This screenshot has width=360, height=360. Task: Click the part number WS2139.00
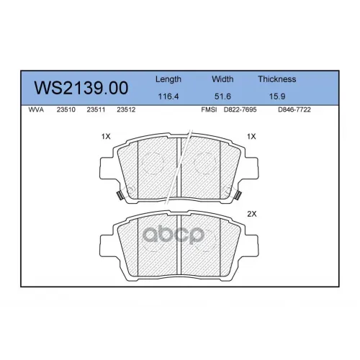81,88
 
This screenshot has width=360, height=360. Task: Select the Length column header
168,79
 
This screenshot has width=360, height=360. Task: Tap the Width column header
222,79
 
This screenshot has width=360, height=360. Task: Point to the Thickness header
277,79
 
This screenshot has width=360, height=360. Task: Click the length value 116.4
168,96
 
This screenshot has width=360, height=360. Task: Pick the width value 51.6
222,96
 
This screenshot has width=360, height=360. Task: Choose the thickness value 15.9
277,96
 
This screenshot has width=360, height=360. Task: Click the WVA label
36,109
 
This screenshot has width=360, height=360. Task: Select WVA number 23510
66,109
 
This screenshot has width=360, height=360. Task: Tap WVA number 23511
96,109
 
